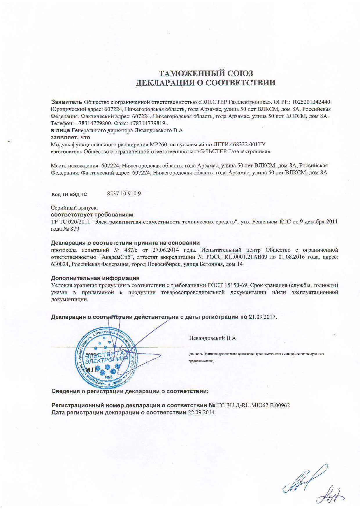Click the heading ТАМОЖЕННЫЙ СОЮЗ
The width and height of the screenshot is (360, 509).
pos(206,73)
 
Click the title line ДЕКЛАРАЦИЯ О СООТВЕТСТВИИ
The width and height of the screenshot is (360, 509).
pos(206,83)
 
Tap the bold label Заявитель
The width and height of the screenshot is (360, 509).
pos(67,102)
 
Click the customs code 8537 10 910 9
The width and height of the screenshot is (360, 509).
pos(124,194)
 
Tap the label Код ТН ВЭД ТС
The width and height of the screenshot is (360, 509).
pos(69,194)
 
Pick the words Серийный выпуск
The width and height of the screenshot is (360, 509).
pos(75,208)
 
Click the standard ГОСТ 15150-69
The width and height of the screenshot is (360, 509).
pos(228,285)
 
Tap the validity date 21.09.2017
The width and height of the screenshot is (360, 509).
pos(262,317)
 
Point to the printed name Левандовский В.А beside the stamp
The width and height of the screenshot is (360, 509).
pos(212,338)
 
